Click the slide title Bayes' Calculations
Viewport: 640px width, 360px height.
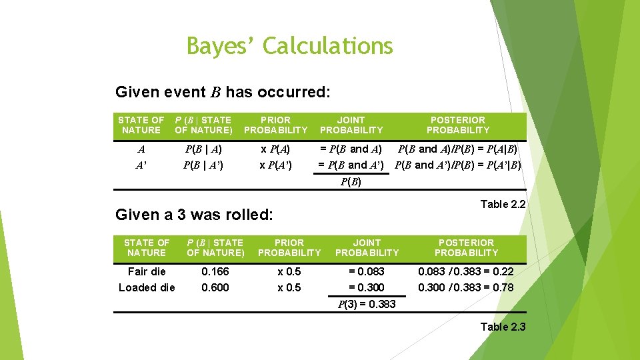coord(290,46)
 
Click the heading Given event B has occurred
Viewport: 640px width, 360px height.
coord(223,91)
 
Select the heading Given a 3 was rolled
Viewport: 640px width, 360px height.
coord(194,215)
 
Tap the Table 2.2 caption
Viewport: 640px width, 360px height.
coord(503,204)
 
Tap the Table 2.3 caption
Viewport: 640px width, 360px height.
coord(503,327)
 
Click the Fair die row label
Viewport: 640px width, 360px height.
coord(147,271)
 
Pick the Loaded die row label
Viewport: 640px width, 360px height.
coord(147,287)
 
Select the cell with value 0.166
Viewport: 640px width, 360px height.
coord(215,271)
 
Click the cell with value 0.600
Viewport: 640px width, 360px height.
coord(215,287)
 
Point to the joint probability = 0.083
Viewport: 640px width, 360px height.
coord(367,271)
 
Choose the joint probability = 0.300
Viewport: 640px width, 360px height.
coord(367,287)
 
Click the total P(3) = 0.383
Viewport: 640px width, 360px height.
coord(367,304)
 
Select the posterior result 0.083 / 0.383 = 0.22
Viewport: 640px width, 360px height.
coord(466,271)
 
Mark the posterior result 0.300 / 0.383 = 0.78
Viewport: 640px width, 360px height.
coord(466,287)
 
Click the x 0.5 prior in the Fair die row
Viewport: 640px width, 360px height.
coord(289,271)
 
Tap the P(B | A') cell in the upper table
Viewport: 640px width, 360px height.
coord(203,165)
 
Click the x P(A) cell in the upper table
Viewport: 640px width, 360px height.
coord(276,149)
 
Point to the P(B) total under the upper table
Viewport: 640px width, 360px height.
coord(351,181)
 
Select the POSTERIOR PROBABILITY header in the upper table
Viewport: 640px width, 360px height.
coord(458,125)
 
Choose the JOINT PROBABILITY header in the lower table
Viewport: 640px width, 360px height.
coord(367,247)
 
